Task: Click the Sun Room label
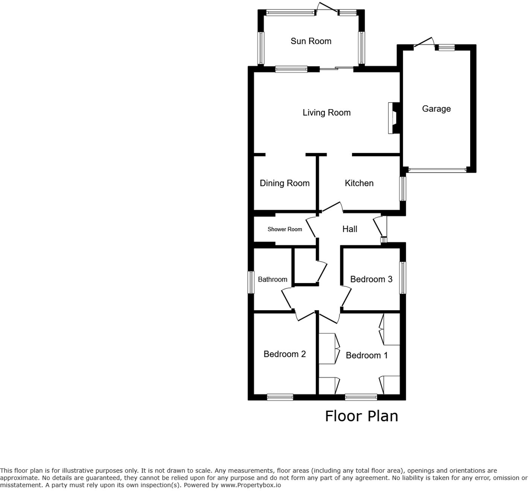[x=311, y=41]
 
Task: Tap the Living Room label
[x=326, y=113]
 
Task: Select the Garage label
[x=436, y=109]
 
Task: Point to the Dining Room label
[x=285, y=183]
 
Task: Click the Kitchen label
[x=359, y=183]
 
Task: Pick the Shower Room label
[x=285, y=229]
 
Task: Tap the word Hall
[x=350, y=229]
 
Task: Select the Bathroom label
[x=273, y=279]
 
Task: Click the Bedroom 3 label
[x=371, y=279]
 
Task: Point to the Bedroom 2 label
[x=285, y=354]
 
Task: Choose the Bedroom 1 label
[x=367, y=355]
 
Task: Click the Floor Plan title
[x=361, y=416]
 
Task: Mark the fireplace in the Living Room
[x=393, y=118]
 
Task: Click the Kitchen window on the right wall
[x=403, y=189]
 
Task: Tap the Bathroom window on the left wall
[x=250, y=282]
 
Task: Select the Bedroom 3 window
[x=403, y=278]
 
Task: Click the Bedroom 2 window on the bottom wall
[x=280, y=397]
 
